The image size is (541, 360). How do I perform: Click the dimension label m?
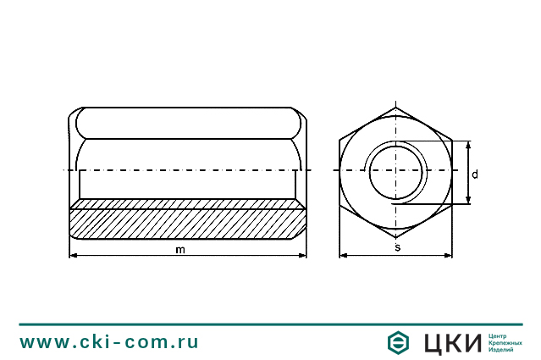[x=179, y=249]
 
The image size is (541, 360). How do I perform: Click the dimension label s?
[x=397, y=247]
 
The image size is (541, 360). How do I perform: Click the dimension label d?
[x=475, y=174]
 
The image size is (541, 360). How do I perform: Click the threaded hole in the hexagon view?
[x=395, y=171]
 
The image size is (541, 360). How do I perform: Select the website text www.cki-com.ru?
[x=109, y=342]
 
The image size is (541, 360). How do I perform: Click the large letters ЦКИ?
[x=451, y=342]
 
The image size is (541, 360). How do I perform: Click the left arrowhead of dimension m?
[x=72, y=255]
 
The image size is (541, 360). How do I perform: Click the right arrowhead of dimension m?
[x=302, y=255]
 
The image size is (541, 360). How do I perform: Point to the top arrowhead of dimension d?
[x=466, y=144]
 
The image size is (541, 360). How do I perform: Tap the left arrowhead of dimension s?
[x=343, y=254]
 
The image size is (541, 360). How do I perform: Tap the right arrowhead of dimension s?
[x=449, y=254]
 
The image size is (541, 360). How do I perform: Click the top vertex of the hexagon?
[x=396, y=107]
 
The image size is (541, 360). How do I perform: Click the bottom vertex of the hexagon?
[x=396, y=237]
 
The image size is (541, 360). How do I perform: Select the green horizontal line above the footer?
[x=270, y=324]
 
